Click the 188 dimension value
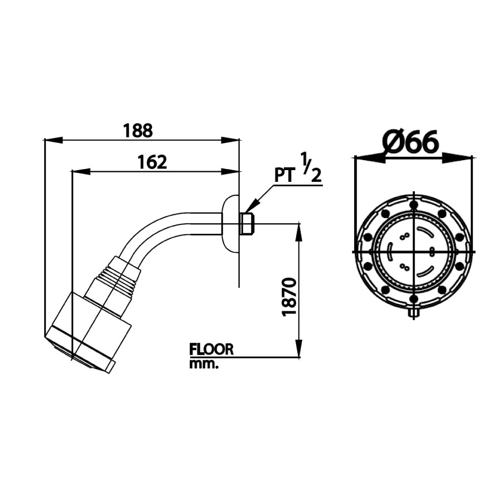coord(137,131)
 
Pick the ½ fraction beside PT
coord(311,167)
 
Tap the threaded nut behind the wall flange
coord(247,224)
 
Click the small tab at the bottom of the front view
coord(414,313)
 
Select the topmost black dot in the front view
coord(414,205)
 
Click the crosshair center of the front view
coord(414,251)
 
